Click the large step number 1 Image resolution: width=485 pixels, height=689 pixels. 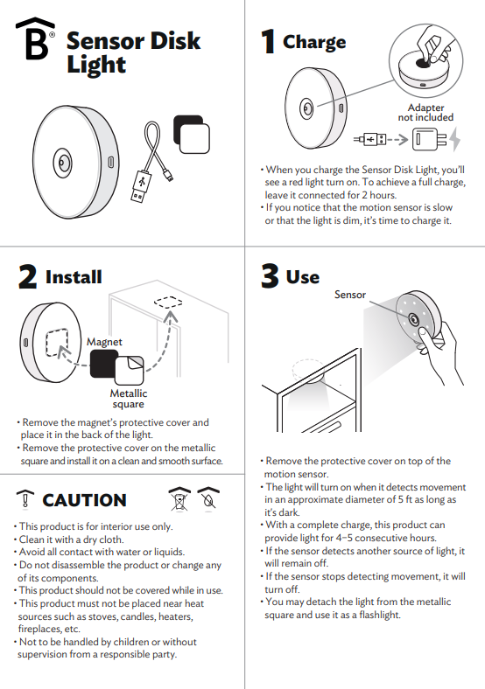(x=268, y=42)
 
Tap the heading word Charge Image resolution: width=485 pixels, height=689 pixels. (x=313, y=41)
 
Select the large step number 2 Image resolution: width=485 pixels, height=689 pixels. (x=28, y=277)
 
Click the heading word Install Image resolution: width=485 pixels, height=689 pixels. (x=74, y=277)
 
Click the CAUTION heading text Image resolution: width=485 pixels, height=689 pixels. (x=84, y=500)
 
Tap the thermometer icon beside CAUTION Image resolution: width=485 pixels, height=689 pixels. (x=25, y=500)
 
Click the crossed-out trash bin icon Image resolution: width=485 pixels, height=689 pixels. (x=179, y=498)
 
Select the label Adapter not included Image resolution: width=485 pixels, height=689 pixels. (x=425, y=112)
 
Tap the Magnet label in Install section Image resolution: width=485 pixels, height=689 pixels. (x=104, y=341)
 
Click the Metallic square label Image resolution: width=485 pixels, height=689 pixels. (x=128, y=399)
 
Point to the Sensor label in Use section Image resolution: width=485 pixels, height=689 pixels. (x=350, y=295)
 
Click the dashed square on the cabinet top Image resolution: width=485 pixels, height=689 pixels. (x=166, y=303)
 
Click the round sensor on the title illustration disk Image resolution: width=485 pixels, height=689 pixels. (x=64, y=162)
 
